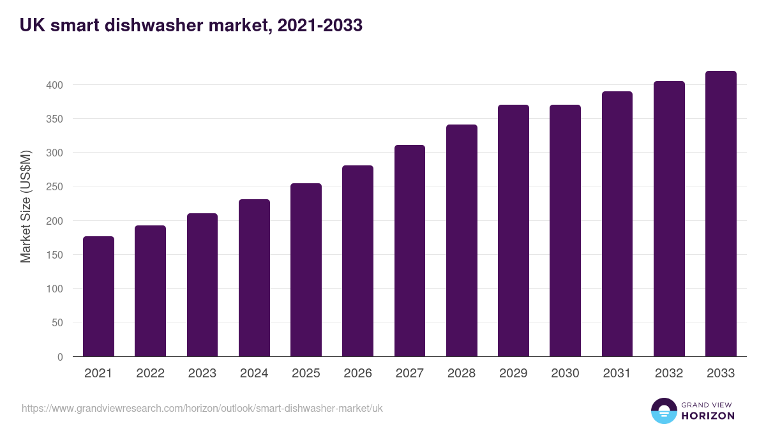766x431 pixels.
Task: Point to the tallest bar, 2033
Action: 721,214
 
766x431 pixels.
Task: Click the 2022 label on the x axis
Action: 150,374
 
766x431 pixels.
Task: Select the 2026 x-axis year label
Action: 357,374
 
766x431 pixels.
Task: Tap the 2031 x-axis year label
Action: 617,374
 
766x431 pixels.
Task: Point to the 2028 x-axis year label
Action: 462,374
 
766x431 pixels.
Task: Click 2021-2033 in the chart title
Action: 316,26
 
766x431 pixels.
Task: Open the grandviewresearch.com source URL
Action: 202,408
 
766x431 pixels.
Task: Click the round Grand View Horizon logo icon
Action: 663,411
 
